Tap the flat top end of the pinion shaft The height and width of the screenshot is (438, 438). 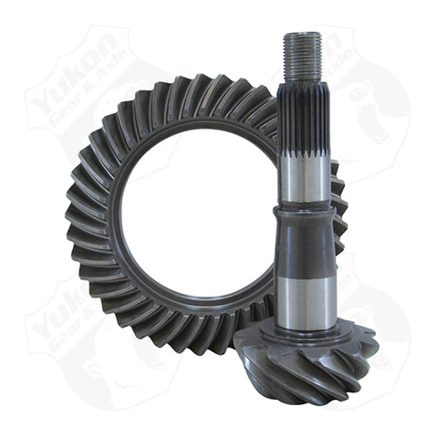pyautogui.click(x=302, y=35)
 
